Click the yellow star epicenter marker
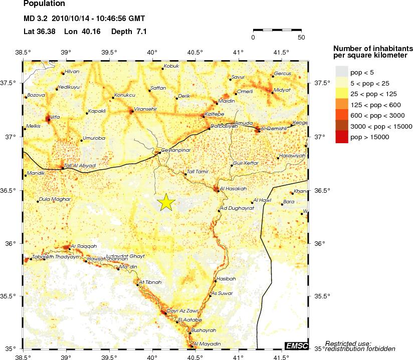point(166,202)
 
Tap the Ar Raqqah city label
point(84,246)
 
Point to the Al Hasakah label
point(234,188)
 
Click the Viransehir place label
point(144,109)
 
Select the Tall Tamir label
point(197,172)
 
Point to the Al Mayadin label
point(207,344)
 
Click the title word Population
point(45,4)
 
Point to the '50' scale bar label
point(301,37)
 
